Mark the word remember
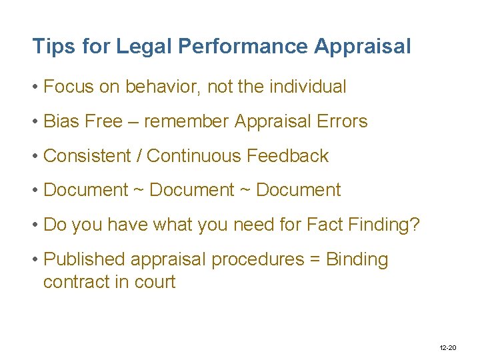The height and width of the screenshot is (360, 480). [x=186, y=121]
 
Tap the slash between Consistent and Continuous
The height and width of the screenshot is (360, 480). [x=139, y=156]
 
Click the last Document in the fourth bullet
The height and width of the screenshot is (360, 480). [x=298, y=190]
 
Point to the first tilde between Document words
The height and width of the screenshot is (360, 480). [x=139, y=191]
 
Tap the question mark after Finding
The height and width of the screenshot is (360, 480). [x=415, y=225]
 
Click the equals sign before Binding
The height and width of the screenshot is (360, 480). [x=313, y=260]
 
